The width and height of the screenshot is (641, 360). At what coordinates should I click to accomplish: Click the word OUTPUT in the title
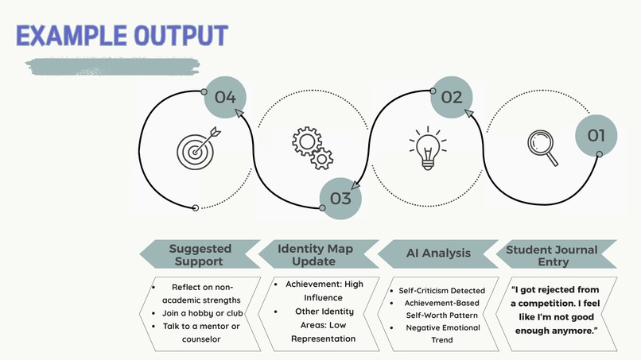pyautogui.click(x=181, y=35)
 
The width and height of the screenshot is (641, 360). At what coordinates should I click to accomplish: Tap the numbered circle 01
pyautogui.click(x=596, y=136)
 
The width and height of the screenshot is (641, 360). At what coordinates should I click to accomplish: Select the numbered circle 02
pyautogui.click(x=452, y=97)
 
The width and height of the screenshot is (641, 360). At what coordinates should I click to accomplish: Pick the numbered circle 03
pyautogui.click(x=340, y=199)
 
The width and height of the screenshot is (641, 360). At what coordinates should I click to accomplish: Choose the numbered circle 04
pyautogui.click(x=225, y=97)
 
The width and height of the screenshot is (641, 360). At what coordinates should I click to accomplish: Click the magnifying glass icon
pyautogui.click(x=542, y=148)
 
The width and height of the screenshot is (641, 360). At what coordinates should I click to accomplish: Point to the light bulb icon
pyautogui.click(x=428, y=148)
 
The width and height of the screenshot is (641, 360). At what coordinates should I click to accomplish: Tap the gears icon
pyautogui.click(x=313, y=148)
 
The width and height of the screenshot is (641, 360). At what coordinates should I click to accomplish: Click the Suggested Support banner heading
pyautogui.click(x=200, y=254)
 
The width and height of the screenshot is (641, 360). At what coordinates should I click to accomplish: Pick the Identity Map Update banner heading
pyautogui.click(x=315, y=254)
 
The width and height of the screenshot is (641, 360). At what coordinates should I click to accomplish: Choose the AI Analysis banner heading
pyautogui.click(x=438, y=253)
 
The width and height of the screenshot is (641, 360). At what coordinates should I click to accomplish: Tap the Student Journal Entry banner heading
pyautogui.click(x=552, y=255)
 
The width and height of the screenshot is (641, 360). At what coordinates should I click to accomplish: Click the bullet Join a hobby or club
pyautogui.click(x=202, y=313)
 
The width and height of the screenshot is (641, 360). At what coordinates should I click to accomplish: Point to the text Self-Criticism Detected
pyautogui.click(x=442, y=291)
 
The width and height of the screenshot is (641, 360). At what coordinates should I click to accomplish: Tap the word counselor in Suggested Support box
pyautogui.click(x=201, y=339)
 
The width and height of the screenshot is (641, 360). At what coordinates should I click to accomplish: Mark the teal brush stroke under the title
pyautogui.click(x=112, y=67)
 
